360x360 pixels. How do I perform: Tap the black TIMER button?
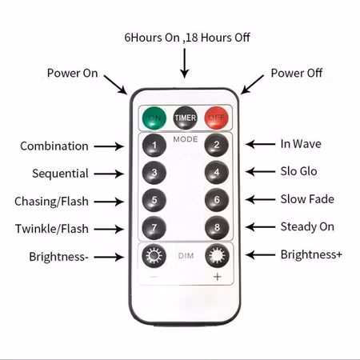185,118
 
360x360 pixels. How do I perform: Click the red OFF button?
216,118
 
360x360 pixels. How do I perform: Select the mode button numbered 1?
154,146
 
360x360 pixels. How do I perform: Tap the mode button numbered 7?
154,228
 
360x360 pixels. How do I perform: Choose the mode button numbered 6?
217,200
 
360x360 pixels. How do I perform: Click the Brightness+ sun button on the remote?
217,255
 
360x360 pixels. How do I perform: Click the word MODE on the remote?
186,139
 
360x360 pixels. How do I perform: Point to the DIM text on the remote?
186,256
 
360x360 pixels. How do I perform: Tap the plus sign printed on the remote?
218,277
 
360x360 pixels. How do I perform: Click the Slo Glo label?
298,171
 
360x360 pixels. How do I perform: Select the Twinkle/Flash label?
52,229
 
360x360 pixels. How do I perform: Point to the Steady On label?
307,226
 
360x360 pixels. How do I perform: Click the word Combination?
54,146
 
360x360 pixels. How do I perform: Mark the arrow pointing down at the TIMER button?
185,63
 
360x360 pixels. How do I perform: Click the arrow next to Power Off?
252,84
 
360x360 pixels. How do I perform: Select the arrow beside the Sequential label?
109,174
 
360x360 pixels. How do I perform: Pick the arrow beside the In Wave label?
260,144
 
